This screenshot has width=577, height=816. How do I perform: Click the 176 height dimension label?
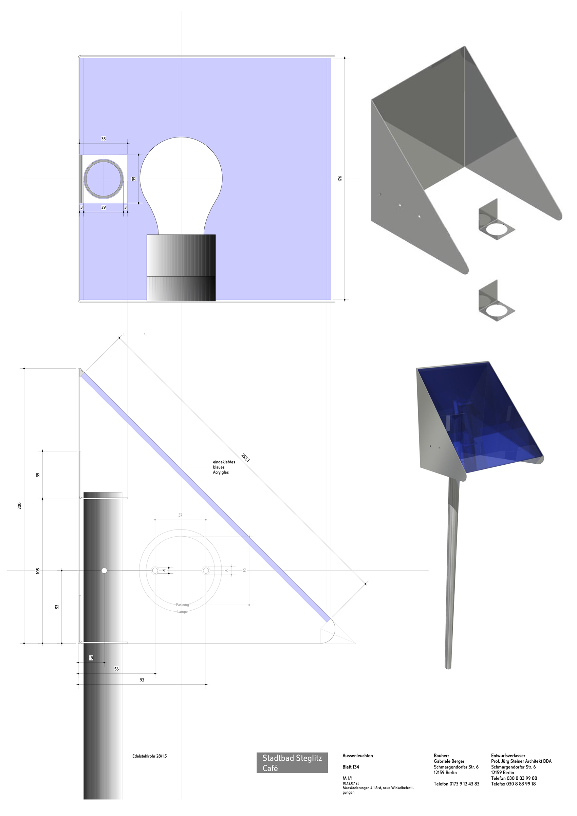pos(340,179)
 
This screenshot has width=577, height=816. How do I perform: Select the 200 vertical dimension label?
pos(20,505)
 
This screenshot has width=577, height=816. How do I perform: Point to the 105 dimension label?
pos(38,571)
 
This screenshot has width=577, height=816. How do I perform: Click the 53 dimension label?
pos(57,607)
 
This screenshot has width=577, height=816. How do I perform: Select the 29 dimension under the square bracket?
pos(104,207)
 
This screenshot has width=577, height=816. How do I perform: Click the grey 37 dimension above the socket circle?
pos(181,515)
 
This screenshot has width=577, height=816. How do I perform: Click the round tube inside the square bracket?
pos(104,179)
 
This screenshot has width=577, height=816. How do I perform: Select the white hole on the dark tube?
pos(104,570)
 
